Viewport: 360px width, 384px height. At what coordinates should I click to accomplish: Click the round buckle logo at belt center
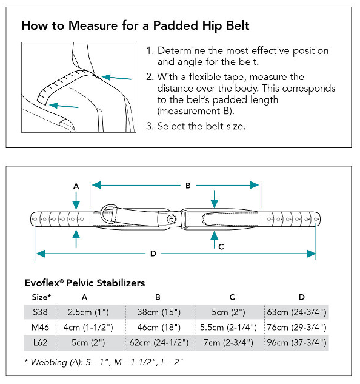pos(172,219)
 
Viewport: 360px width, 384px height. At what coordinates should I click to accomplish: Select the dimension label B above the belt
pos(188,186)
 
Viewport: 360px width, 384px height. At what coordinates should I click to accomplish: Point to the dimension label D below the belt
pos(153,254)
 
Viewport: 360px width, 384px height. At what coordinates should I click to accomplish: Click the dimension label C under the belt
pos(221,247)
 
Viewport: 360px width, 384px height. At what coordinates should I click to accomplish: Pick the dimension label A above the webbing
pos(76,186)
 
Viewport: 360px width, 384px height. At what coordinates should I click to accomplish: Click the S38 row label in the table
pos(40,312)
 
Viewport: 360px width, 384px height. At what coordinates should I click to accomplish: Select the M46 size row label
pos(40,327)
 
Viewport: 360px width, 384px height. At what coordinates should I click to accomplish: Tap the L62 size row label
pos(40,342)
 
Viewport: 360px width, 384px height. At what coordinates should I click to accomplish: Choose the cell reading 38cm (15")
pos(159,312)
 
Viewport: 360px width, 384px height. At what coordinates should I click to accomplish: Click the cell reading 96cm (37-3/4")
pos(296,343)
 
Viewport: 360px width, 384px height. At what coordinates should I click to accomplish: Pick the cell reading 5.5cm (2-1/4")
pos(228,328)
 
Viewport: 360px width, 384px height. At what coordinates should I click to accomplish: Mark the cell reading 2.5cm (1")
pos(88,312)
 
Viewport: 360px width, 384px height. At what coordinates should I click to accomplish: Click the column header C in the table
pos(232,297)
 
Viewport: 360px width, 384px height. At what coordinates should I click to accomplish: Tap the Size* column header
pos(41,297)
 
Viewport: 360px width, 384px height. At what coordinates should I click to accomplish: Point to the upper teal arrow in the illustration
pos(116,78)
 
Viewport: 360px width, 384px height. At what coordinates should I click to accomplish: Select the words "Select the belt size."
pos(201,126)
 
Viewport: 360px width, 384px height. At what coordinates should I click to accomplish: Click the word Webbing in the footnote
pos(49,362)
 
